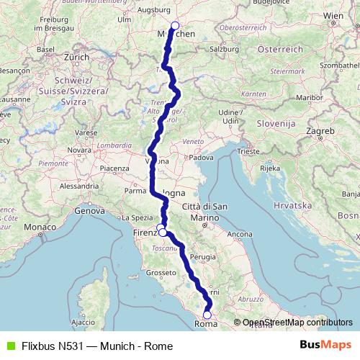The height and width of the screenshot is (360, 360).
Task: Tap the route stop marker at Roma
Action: click(x=207, y=314)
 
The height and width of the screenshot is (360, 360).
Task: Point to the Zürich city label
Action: click(x=75, y=56)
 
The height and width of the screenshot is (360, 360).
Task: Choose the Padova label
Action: click(x=202, y=156)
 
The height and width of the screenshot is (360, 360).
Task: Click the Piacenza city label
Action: click(x=114, y=168)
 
